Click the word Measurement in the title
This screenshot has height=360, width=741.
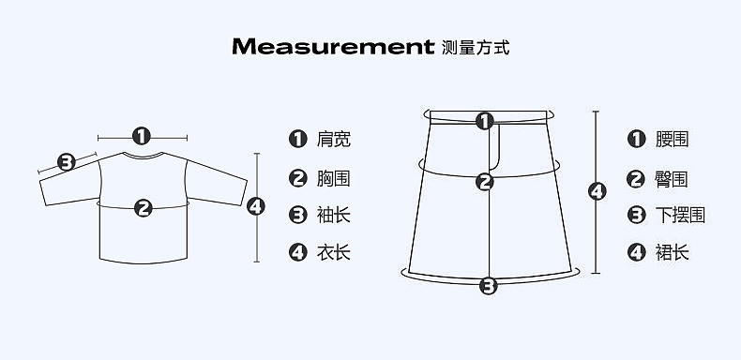pos(333,47)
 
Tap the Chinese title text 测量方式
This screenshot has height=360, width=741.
pos(476,48)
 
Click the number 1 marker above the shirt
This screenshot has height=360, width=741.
pos(142,136)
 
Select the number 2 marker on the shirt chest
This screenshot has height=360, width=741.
pos(144,208)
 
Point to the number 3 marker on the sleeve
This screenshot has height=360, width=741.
pos(67,162)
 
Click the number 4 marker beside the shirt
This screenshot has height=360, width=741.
pos(256,206)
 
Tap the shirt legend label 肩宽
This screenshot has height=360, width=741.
pos(334,140)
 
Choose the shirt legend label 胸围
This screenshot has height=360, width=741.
pos(334,178)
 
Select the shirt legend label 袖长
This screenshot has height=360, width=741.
pos(334,216)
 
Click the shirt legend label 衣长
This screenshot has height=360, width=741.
pos(334,253)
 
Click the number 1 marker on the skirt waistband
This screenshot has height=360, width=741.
pos(484,121)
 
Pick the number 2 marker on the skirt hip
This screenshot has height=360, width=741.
pos(485,182)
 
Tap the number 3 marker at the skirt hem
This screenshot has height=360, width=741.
pos(489,286)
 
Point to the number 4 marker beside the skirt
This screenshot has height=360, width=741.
pos(597,191)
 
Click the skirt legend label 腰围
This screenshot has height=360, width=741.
pos(672,140)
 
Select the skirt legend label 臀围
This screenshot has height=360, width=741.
pos(672,179)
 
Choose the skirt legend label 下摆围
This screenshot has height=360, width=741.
pos(681,216)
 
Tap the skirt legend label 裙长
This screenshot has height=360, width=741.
pos(672,253)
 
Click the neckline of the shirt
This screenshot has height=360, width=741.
pos(143,157)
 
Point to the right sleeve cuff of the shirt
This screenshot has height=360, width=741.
pos(244,192)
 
